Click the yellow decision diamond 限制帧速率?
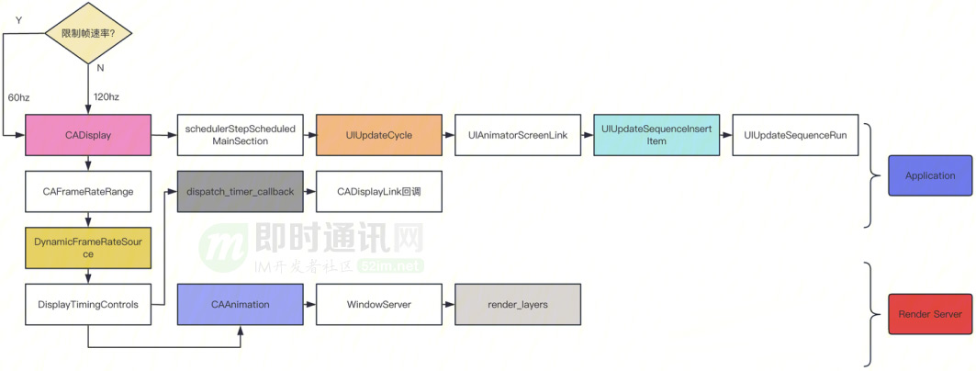tap(88, 33)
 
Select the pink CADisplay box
tap(88, 135)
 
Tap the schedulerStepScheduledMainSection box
tap(240, 135)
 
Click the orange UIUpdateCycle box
tap(379, 135)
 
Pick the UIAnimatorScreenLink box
tap(518, 135)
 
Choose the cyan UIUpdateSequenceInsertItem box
tap(656, 135)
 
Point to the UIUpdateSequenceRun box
tap(795, 135)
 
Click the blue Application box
tap(930, 175)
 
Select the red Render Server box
tap(930, 314)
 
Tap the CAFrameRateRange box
tap(88, 192)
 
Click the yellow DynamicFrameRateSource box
tap(88, 248)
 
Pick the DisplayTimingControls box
tap(88, 304)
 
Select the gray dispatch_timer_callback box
tap(240, 192)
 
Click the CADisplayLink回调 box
tap(379, 192)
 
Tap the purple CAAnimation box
tap(240, 304)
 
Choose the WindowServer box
tap(379, 304)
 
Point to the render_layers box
tap(518, 304)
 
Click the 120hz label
tap(107, 96)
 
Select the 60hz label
tap(19, 96)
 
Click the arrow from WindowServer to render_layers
tap(448, 304)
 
